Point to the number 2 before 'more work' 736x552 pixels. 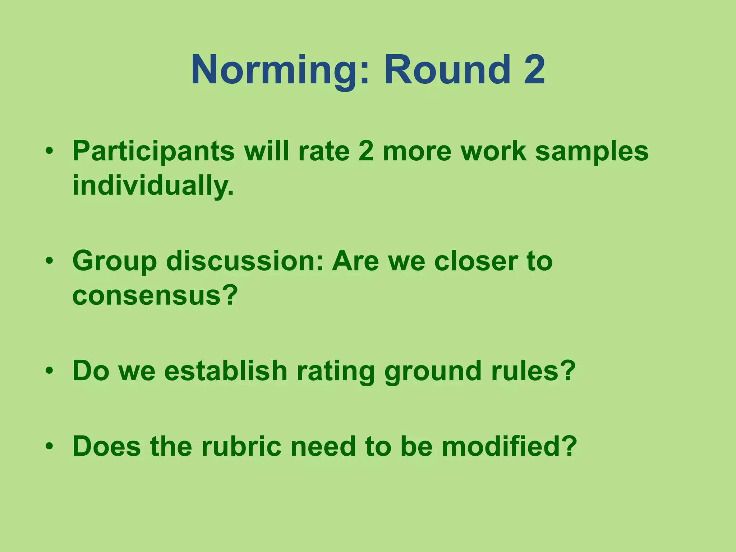[x=366, y=151]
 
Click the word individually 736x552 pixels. [x=153, y=185]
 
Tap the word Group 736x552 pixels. [x=114, y=262]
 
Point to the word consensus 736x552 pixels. [x=155, y=295]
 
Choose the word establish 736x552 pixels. [x=225, y=371]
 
